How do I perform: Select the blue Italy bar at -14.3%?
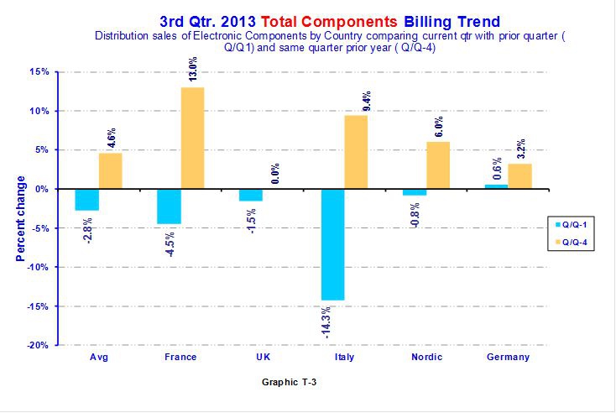point(332,244)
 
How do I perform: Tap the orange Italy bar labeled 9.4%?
point(356,152)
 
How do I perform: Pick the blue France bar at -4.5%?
point(169,206)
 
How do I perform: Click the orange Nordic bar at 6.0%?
point(438,165)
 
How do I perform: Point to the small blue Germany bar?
point(496,186)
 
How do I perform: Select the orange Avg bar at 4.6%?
point(111,170)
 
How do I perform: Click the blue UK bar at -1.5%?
point(251,195)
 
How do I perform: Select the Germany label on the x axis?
point(509,357)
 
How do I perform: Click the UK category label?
point(263,357)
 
